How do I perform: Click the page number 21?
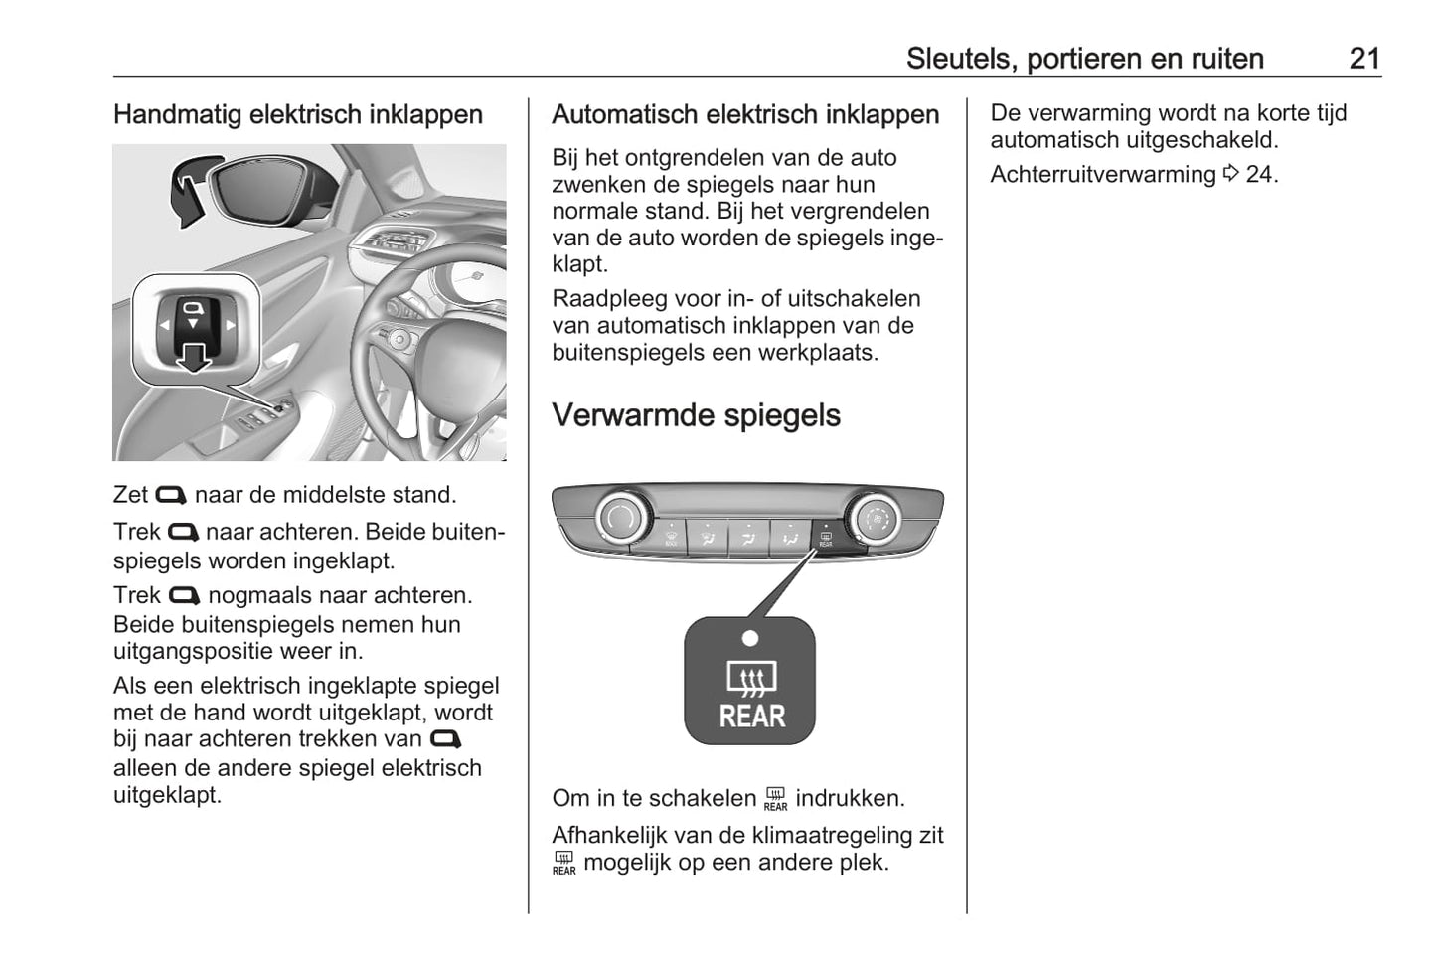pos(1364,58)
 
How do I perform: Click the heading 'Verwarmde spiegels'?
pos(696,415)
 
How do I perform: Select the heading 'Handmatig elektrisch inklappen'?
pos(297,115)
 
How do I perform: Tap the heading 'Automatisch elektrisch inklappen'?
pos(744,115)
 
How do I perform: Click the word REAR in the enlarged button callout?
pos(751,716)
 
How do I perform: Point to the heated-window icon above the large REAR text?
pos(751,679)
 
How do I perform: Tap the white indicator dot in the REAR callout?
pos(750,638)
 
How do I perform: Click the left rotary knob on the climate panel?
pos(622,518)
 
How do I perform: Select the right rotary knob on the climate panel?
pos(875,518)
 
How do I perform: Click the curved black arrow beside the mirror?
pos(188,191)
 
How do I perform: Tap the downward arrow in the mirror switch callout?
pos(193,357)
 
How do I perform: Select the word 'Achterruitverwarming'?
pos(1102,174)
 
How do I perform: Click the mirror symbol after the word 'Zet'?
pos(171,495)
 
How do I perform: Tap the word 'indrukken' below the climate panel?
pos(849,798)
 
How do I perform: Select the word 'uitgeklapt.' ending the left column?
pos(167,795)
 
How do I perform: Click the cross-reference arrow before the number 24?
pos(1230,174)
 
